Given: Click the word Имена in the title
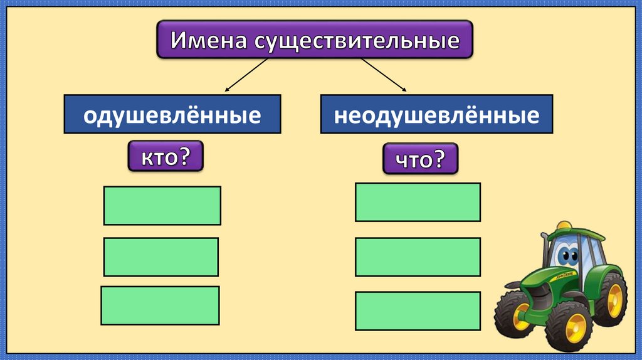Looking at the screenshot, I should pos(210,41).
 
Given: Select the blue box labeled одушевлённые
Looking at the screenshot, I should pos(172,115).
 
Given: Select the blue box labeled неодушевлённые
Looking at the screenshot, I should pos(436,115).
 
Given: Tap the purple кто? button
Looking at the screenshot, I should pos(166,156).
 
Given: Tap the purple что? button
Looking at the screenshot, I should pos(421,159).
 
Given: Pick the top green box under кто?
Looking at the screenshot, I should pos(162,205).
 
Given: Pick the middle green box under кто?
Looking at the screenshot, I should pos(161,257).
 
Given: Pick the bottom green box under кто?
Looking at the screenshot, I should pos(160,305).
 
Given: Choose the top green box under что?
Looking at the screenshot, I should pos(418,202).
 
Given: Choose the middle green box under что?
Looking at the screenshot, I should pos(418,257).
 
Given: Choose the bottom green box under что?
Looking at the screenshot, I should pos(418,311).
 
